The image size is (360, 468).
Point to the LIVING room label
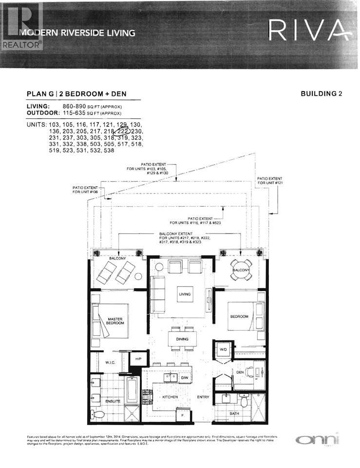(x=184, y=294)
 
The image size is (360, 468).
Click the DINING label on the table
(x=182, y=338)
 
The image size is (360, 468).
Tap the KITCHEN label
(x=170, y=397)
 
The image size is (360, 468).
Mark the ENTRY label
(x=203, y=397)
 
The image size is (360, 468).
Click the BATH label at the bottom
(x=234, y=413)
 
